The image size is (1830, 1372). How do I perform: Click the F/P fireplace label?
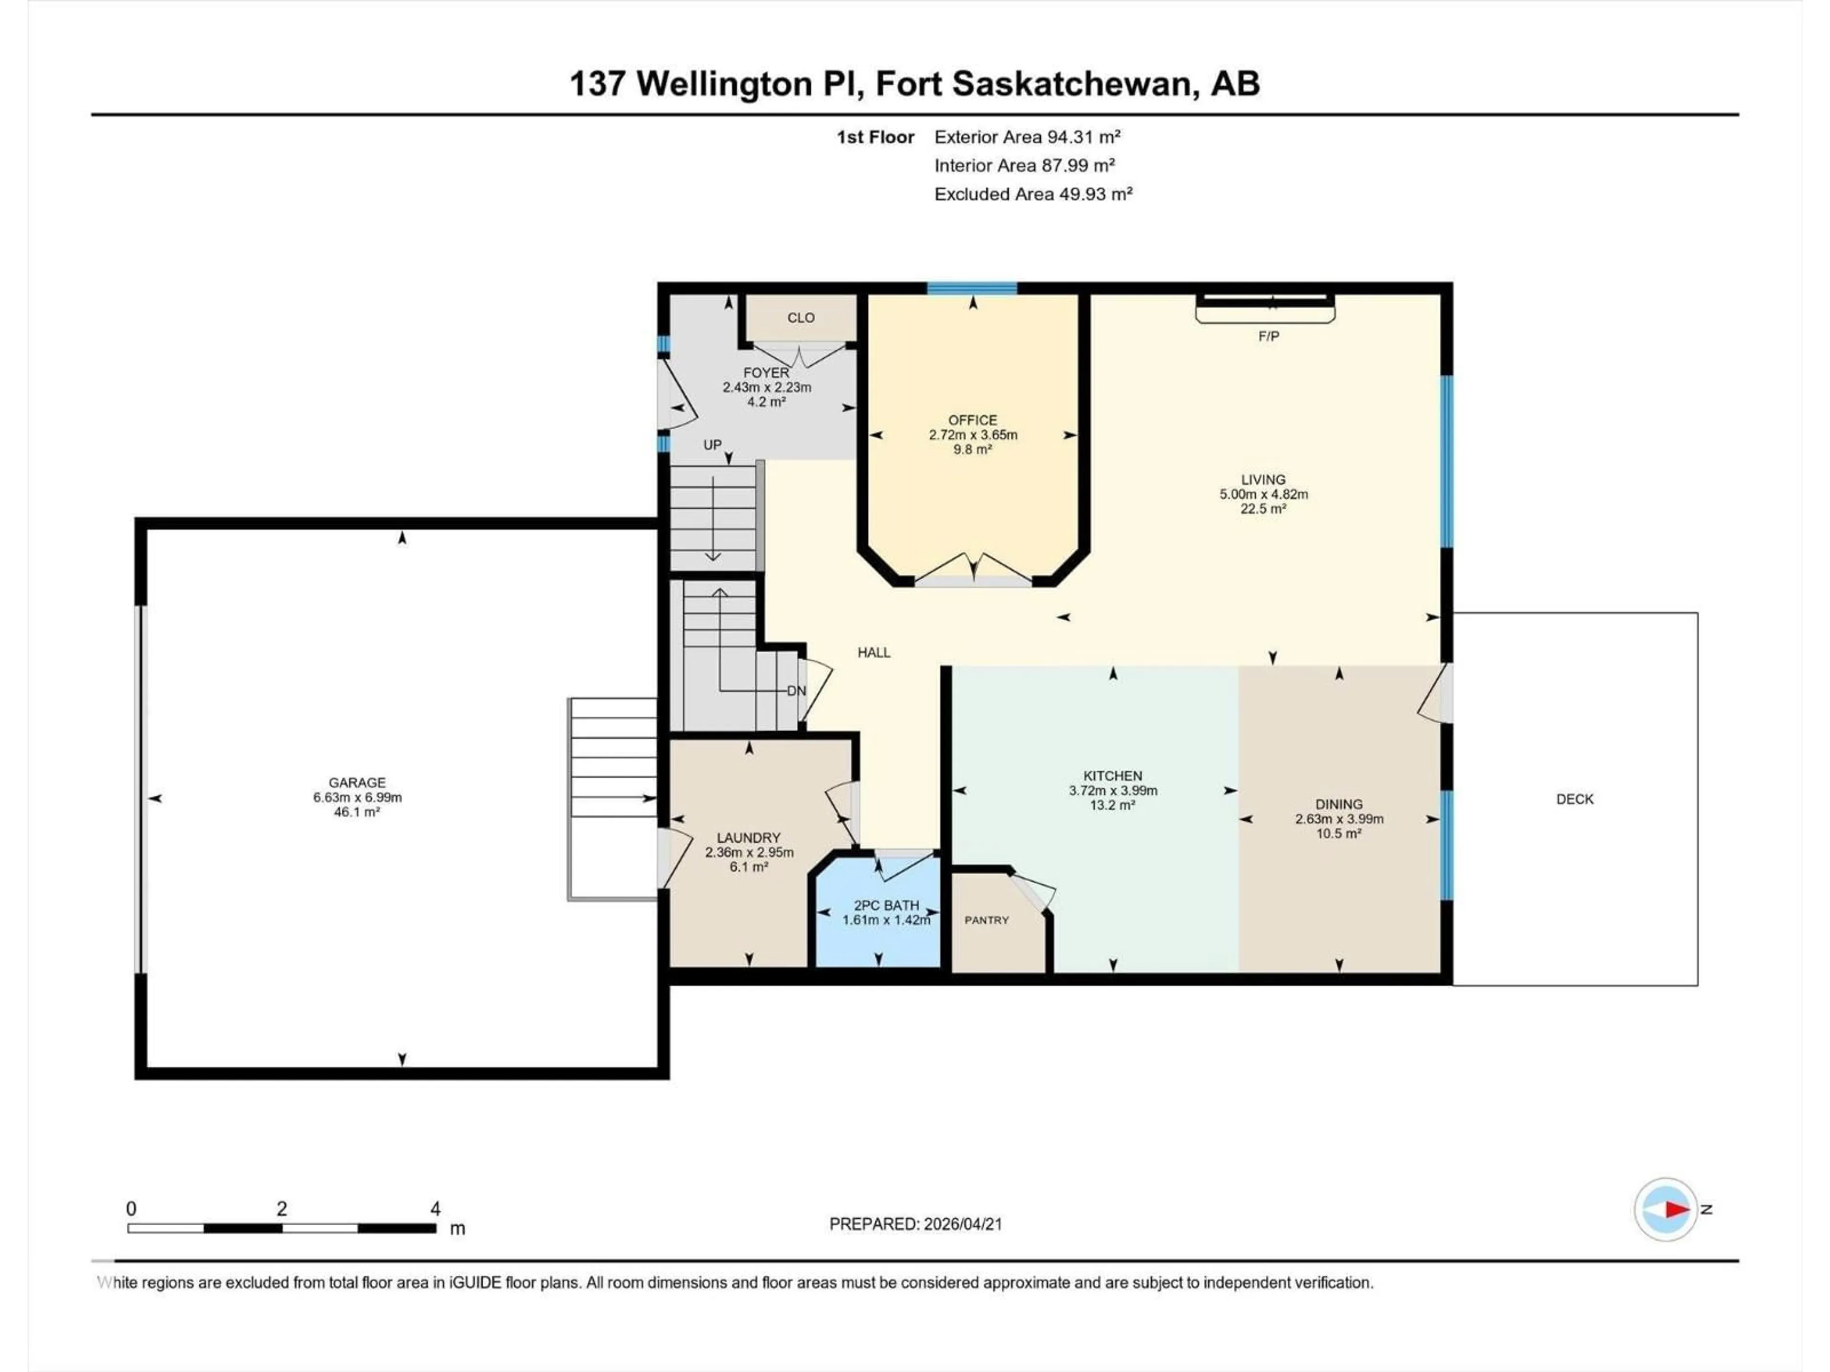(1268, 336)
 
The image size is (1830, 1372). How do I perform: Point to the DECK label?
(1575, 799)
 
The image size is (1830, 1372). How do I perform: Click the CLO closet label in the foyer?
(800, 318)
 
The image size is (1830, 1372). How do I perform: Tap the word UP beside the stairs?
(712, 445)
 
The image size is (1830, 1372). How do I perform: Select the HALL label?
(874, 653)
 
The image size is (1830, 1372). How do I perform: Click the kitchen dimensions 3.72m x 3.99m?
(1113, 791)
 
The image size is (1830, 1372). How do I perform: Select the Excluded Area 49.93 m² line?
(1033, 194)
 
